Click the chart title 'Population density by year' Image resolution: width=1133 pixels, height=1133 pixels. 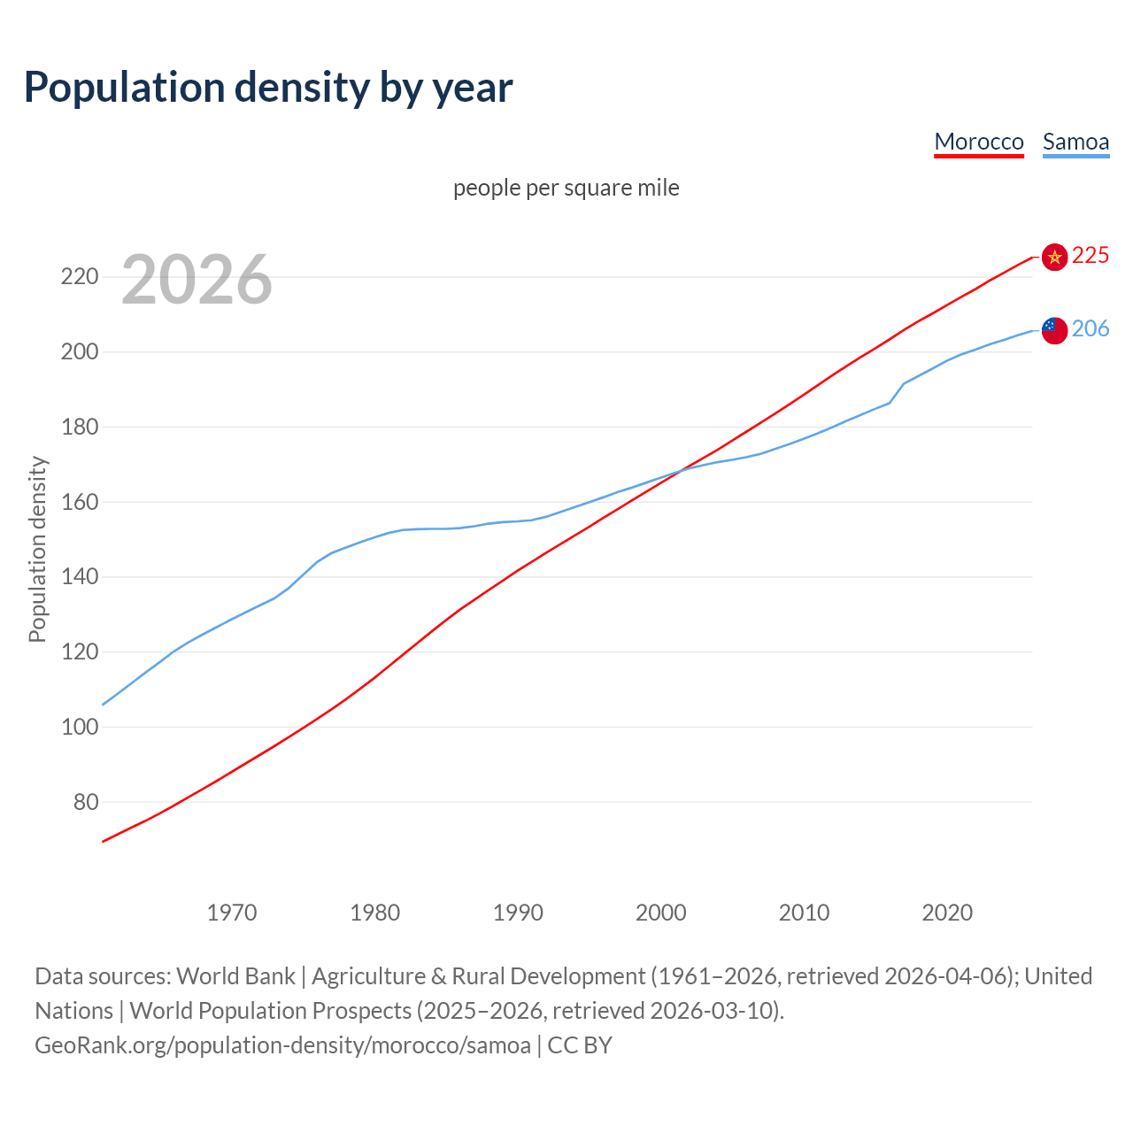click(268, 87)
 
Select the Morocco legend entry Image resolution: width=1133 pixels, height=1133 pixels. click(979, 142)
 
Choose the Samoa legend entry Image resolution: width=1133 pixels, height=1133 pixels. click(1075, 142)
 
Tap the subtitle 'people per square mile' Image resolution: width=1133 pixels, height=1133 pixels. click(566, 188)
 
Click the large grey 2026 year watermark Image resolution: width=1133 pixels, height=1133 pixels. click(197, 280)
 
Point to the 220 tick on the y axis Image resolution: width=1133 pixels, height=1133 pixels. click(79, 277)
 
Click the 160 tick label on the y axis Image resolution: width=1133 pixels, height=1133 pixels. click(79, 502)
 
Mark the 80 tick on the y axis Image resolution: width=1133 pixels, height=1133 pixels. click(85, 802)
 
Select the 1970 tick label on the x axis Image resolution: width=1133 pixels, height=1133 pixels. click(232, 913)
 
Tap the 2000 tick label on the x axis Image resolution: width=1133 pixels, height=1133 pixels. click(661, 913)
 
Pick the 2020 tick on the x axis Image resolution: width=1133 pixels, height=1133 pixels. click(947, 913)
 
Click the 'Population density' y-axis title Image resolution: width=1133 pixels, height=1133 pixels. click(37, 549)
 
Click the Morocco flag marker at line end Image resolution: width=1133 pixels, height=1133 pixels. click(1054, 257)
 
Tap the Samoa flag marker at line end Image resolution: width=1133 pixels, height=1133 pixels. click(1054, 330)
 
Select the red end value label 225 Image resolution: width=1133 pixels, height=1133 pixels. click(1091, 255)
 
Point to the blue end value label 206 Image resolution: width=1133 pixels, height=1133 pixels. click(1091, 328)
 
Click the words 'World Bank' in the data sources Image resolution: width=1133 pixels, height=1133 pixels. click(235, 976)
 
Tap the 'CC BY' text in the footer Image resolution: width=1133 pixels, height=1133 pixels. click(580, 1045)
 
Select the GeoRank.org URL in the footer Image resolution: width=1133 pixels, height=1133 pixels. click(282, 1045)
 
